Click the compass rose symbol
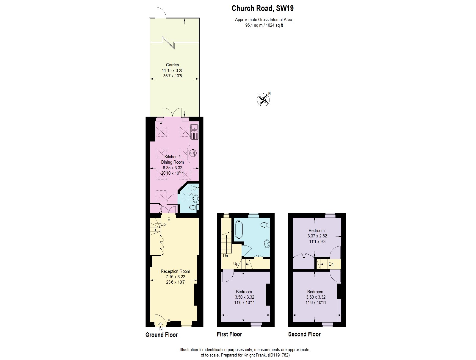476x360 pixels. coord(263,100)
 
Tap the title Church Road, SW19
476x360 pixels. coord(262,8)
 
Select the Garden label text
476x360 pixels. coord(172,65)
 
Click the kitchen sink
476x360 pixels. coord(194,132)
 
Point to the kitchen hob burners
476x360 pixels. coord(193,153)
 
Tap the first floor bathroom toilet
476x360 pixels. coord(265,225)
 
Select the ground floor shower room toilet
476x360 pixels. coord(193,208)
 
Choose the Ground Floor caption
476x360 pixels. coord(162,335)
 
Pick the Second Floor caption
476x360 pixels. coord(304,334)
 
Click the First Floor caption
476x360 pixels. coord(229,334)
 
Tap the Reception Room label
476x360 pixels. coord(175,271)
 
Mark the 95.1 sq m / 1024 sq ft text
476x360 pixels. coord(264,25)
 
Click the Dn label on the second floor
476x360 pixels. coord(331,264)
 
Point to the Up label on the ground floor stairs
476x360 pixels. coord(163,224)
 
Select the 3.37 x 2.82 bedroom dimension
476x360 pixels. coord(317,236)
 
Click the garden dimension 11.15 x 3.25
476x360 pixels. coord(172,70)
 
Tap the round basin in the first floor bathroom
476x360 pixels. coord(267,244)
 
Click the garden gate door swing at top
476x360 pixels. coord(160,12)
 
